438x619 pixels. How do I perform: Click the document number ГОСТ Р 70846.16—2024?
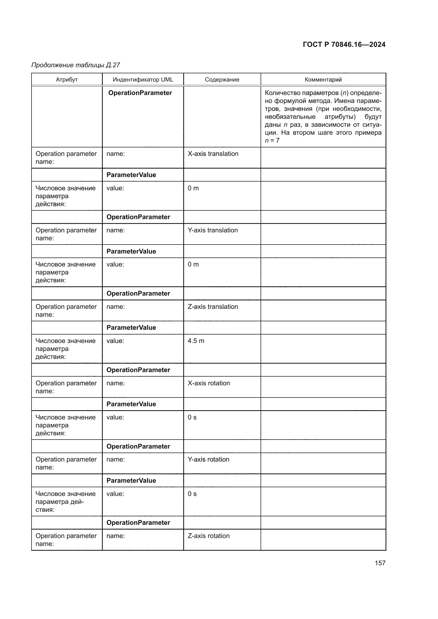tap(344, 44)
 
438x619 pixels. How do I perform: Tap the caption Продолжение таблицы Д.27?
tap(76, 65)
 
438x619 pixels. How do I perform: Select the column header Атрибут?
tap(67, 80)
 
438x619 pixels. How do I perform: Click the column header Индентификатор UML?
tap(143, 80)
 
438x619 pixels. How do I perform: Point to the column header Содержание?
tap(222, 80)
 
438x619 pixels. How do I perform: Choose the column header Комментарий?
tap(323, 80)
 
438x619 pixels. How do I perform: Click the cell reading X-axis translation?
tap(213, 154)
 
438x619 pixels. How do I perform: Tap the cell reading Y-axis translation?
tap(213, 230)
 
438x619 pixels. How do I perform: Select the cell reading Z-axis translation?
tap(213, 306)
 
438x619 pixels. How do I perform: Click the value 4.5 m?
tap(196, 341)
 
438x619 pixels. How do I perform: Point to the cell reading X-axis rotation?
tap(209, 383)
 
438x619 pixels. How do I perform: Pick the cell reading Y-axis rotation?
tap(208, 459)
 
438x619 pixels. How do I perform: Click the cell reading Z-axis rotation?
tap(208, 536)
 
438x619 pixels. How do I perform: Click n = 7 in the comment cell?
tap(272, 141)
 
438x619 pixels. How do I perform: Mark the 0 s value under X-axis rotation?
tap(192, 417)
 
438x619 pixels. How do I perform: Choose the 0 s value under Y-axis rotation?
tap(192, 494)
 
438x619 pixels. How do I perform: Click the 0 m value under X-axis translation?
tap(193, 188)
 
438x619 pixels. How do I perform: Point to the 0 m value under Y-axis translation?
tap(193, 264)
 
